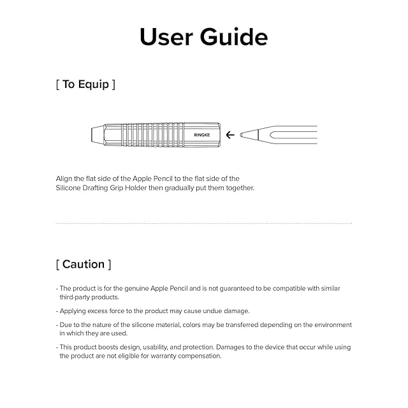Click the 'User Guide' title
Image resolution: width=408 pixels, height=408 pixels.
203,37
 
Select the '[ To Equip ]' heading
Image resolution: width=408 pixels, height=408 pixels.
85,85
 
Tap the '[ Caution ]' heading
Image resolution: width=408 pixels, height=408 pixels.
83,264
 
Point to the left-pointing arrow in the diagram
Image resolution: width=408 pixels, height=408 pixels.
230,135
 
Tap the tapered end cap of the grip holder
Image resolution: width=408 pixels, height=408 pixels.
96,135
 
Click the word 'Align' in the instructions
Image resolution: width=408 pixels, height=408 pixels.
64,179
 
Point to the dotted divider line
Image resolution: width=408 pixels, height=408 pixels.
203,223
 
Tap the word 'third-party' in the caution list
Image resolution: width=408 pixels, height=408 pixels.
75,297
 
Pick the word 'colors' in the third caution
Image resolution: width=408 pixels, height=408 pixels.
190,324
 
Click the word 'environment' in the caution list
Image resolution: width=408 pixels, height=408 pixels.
331,324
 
